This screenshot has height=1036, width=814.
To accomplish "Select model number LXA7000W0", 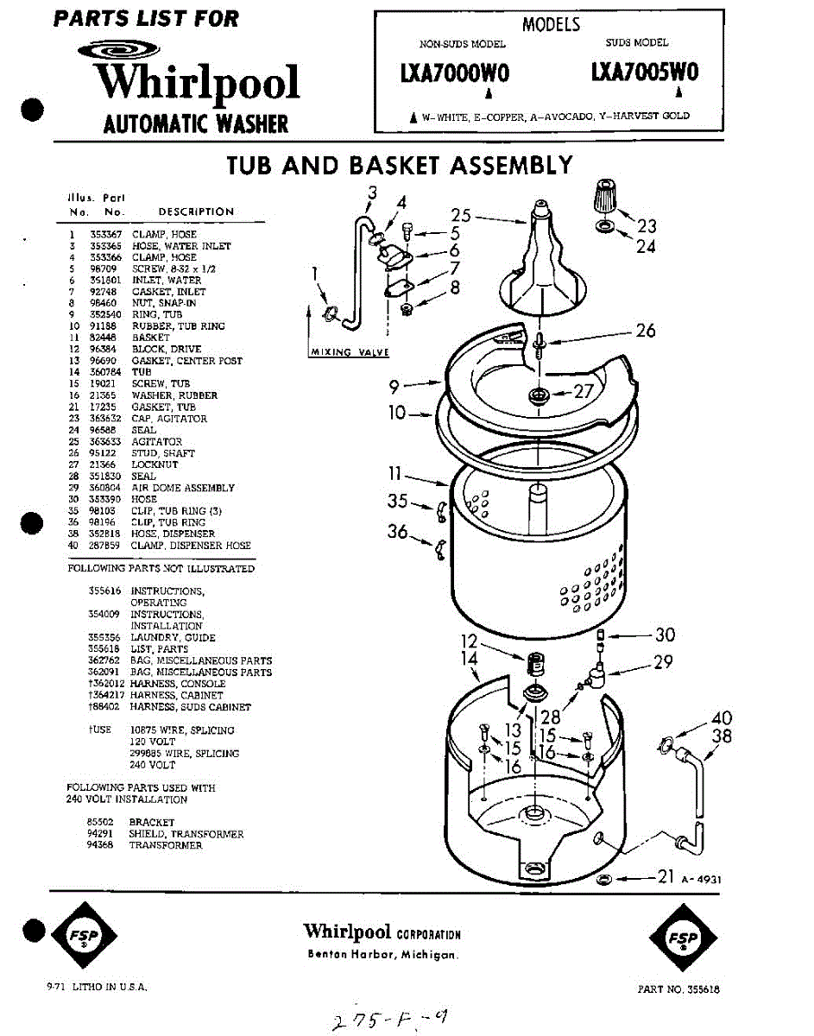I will (x=455, y=74).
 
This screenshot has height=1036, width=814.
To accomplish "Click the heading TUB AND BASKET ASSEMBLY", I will (x=400, y=165).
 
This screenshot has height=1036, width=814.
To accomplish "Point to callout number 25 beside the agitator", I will (x=461, y=216).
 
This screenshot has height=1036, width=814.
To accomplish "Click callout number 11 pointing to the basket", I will (x=395, y=473).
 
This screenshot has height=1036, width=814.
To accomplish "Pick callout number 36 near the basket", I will (x=398, y=532).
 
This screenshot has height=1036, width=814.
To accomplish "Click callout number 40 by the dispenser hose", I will (x=722, y=718).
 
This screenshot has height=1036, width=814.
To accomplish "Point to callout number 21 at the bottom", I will (x=665, y=877).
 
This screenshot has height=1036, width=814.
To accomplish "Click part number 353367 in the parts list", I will (x=110, y=235).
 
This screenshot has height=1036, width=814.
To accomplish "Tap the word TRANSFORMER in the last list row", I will (x=166, y=846).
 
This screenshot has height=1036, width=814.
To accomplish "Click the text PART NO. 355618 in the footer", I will (x=678, y=990).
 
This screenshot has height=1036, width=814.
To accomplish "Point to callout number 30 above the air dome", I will (x=665, y=635).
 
